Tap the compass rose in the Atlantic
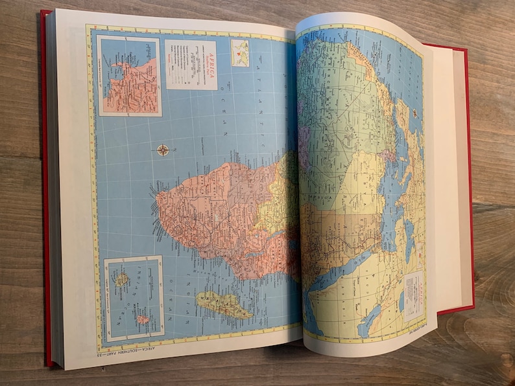[163, 150]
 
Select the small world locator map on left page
[240, 53]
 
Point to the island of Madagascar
[224, 304]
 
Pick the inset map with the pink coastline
[128, 76]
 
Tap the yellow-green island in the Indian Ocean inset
[121, 280]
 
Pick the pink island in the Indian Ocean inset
[142, 319]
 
